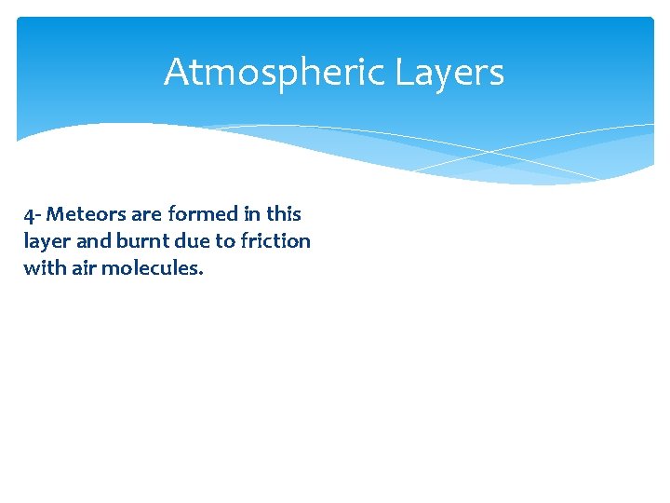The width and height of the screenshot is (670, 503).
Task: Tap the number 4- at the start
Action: click(x=33, y=215)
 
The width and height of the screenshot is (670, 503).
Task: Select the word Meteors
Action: click(x=87, y=214)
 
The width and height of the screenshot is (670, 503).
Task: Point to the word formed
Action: click(x=202, y=214)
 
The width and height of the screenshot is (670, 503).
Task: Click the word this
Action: click(x=283, y=214)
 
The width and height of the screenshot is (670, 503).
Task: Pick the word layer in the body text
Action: click(x=44, y=241)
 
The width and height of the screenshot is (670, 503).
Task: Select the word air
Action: click(x=83, y=268)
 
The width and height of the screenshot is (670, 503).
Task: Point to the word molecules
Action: click(x=151, y=268)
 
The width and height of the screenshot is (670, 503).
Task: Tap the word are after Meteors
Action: click(x=146, y=214)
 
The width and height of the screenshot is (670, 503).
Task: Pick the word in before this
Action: click(x=250, y=214)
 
